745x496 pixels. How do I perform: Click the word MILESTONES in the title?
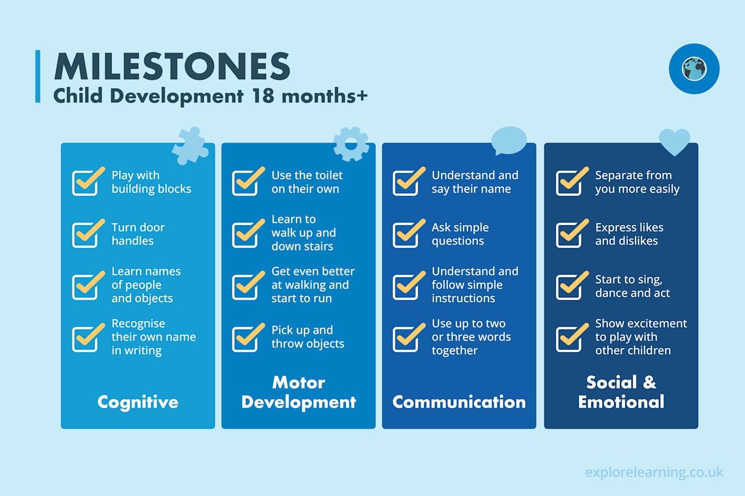coord(172,67)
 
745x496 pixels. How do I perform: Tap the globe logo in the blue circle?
coord(694,69)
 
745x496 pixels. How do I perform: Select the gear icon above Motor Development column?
coord(351,144)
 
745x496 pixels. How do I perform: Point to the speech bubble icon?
coord(509,140)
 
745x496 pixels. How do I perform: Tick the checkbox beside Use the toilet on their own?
coord(245,183)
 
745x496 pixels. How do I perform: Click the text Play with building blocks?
coord(151,182)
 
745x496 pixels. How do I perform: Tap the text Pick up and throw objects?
coord(308,337)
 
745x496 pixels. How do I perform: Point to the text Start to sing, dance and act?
coord(632,286)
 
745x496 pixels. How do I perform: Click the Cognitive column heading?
coord(138,402)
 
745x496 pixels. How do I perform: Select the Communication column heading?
coord(459,402)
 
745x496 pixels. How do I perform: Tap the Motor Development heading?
coord(299,392)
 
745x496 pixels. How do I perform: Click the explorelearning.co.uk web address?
coord(654,472)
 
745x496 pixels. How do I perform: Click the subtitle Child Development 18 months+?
coord(210,96)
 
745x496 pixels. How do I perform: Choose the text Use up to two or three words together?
coord(471,337)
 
